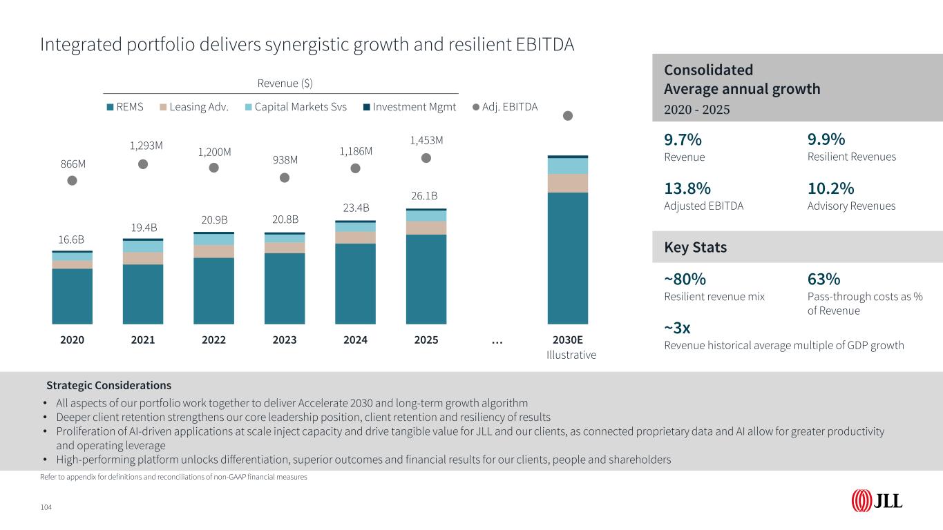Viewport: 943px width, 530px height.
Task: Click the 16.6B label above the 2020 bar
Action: click(72, 239)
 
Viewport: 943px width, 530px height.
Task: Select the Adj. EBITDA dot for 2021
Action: click(143, 164)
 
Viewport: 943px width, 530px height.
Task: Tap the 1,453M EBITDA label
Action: click(426, 141)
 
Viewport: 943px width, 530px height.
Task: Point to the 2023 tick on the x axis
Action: click(285, 340)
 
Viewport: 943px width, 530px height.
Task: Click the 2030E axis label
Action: click(568, 340)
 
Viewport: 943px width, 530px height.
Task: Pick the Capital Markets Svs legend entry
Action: click(296, 107)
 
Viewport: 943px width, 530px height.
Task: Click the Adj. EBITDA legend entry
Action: click(505, 107)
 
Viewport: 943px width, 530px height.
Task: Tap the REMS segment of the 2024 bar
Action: click(355, 284)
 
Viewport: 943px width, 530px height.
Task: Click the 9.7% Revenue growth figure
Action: click(683, 140)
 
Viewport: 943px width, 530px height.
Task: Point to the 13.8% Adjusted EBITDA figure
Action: click(687, 189)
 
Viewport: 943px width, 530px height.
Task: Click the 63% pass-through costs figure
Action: click(823, 279)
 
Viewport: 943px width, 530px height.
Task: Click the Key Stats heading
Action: click(696, 247)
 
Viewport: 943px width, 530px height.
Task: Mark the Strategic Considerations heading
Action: click(108, 385)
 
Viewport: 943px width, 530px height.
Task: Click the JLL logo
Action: click(877, 500)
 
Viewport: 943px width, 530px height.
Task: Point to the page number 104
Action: click(46, 507)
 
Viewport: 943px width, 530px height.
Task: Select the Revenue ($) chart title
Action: click(285, 84)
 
